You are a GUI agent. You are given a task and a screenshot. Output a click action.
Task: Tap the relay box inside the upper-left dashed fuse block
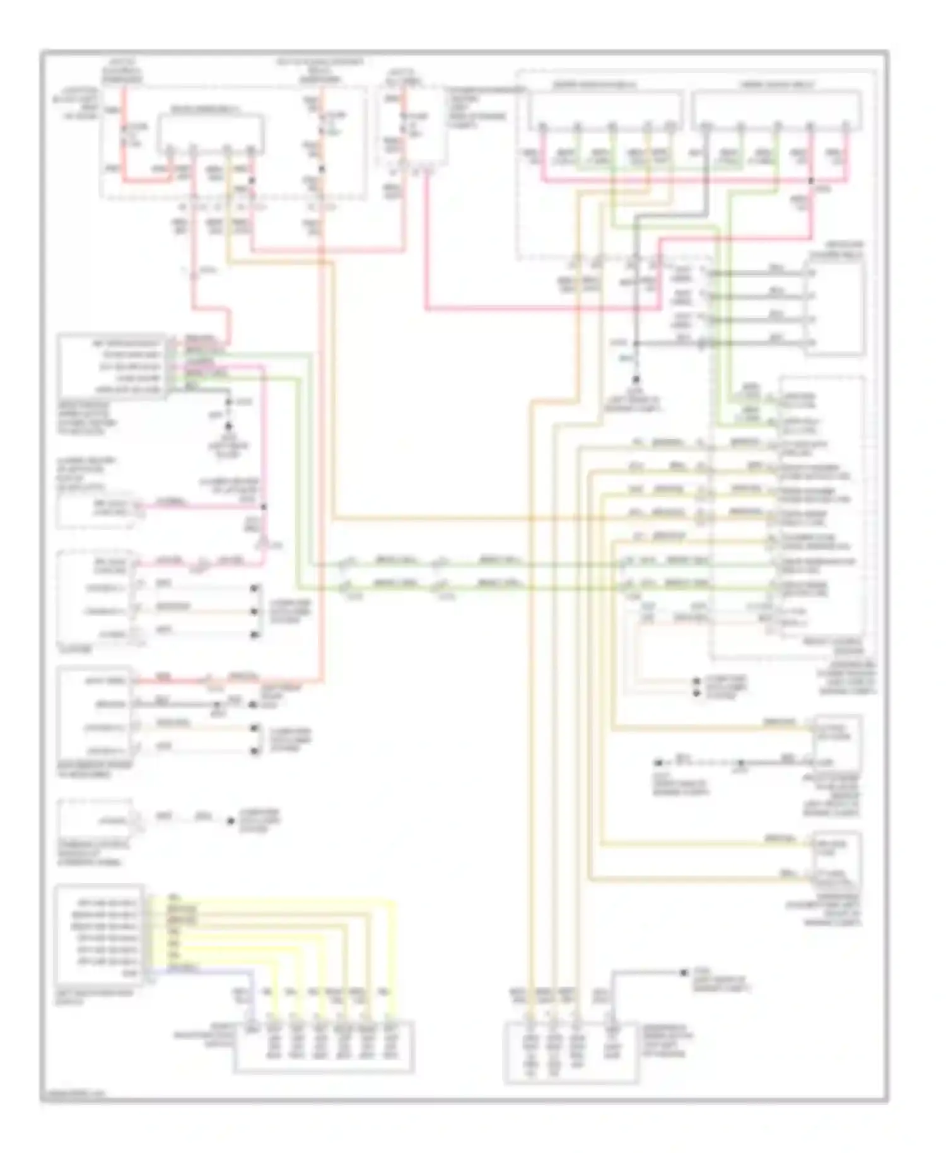pyautogui.click(x=210, y=131)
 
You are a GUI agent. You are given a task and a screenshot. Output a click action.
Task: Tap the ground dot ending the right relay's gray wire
pyautogui.click(x=636, y=380)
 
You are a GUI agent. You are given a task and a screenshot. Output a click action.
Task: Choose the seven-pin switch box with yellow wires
pyautogui.click(x=100, y=935)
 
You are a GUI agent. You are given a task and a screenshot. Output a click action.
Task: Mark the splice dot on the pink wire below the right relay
pyautogui.click(x=811, y=181)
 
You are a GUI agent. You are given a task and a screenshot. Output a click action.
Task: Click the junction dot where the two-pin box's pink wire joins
pyautogui.click(x=264, y=506)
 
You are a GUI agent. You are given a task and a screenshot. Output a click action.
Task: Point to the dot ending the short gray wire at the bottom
pyautogui.click(x=684, y=973)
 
